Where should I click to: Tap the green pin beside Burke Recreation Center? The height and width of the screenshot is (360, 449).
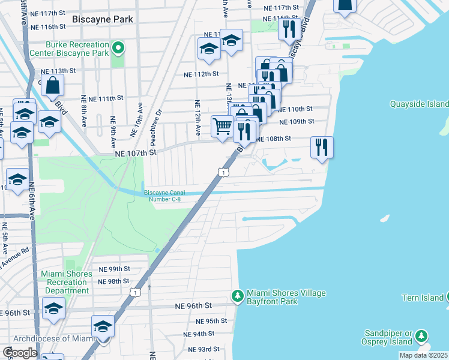pos(119,47)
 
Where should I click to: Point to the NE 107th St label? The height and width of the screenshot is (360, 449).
pos(136,153)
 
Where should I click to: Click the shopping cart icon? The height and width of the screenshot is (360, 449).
pos(222,127)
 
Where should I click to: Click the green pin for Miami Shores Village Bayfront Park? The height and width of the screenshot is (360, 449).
pos(238,296)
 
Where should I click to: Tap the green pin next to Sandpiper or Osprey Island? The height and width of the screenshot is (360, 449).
pos(422,336)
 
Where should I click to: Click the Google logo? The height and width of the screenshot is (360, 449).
pos(20,353)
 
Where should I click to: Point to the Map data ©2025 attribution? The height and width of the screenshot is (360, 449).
pos(423,355)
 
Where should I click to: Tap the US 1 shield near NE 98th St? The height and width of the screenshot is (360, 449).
pos(137,292)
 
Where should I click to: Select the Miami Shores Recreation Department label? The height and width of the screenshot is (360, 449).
pos(66,282)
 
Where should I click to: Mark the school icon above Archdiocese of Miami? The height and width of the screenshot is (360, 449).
pos(103,326)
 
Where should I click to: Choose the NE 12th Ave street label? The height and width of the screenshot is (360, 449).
pos(197,118)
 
